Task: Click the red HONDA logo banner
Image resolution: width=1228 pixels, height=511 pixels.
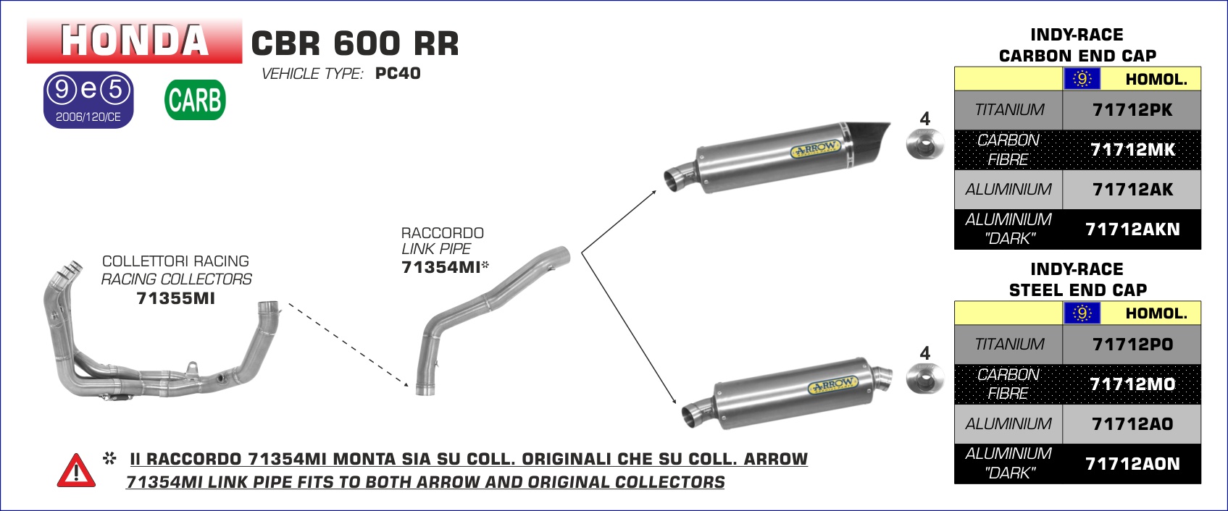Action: (134, 41)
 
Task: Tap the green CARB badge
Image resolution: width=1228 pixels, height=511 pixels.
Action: (195, 100)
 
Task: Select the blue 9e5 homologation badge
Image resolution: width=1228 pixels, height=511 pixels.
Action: (88, 100)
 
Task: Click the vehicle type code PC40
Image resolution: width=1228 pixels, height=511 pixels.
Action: (398, 73)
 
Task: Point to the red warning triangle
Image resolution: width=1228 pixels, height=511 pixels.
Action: (76, 470)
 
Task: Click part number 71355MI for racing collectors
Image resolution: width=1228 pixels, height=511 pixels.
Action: (175, 298)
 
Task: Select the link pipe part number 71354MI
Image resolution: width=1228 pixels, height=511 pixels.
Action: (440, 267)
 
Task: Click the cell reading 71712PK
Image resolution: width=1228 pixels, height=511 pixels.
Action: (1132, 110)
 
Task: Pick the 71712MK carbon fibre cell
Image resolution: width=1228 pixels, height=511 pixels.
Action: (1132, 150)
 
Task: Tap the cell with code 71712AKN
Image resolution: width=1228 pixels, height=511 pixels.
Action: (1132, 229)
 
